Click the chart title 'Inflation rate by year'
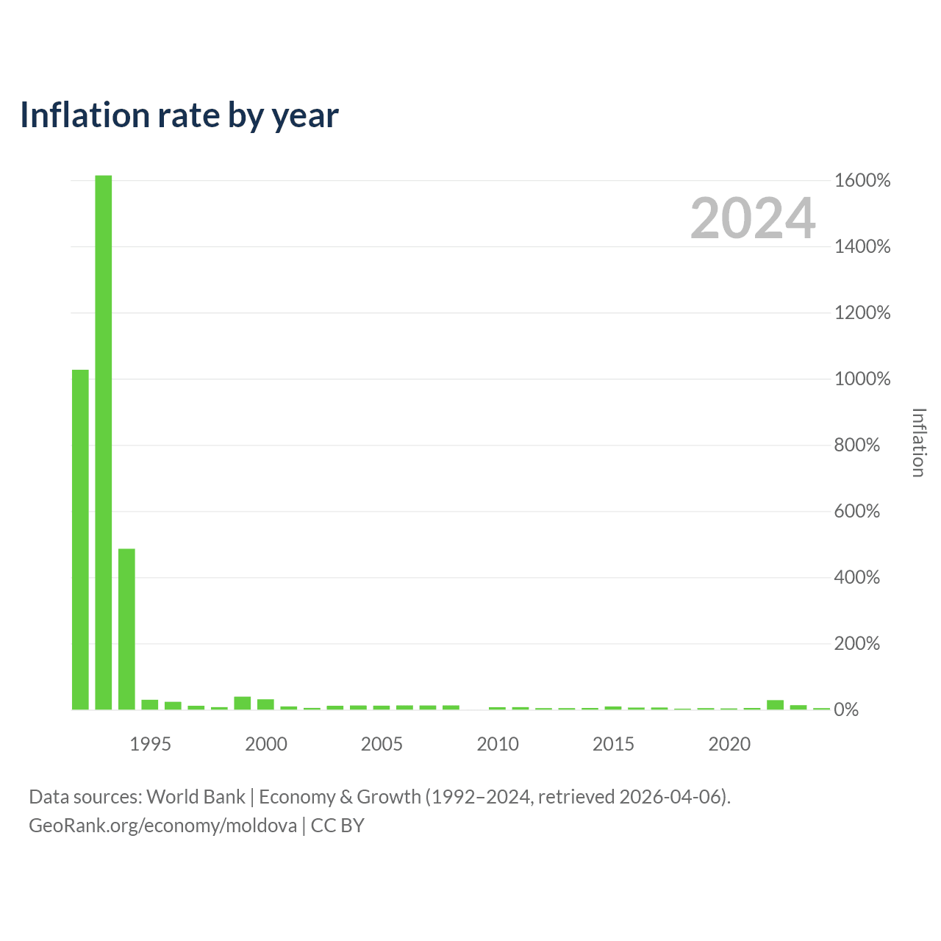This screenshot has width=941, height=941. [179, 115]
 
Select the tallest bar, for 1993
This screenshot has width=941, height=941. [104, 442]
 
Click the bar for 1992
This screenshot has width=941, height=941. [80, 539]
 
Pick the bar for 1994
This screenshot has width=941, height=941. [126, 629]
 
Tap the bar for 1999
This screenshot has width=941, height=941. [242, 703]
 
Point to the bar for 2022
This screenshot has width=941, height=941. [775, 704]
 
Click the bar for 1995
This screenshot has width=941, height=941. [150, 704]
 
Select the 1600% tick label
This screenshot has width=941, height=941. [862, 181]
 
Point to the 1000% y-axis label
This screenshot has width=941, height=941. [862, 379]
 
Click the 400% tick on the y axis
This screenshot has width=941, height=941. [856, 577]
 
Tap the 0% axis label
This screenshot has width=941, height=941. [845, 709]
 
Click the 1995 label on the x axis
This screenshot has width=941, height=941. [150, 744]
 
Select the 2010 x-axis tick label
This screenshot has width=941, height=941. [498, 744]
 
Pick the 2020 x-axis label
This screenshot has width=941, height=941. [729, 744]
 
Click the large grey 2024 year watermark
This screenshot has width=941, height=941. [753, 218]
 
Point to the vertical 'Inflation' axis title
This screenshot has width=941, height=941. [918, 443]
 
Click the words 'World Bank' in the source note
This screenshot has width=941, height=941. [196, 796]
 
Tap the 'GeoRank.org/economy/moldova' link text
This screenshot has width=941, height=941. [162, 826]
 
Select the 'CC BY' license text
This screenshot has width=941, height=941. [337, 826]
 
